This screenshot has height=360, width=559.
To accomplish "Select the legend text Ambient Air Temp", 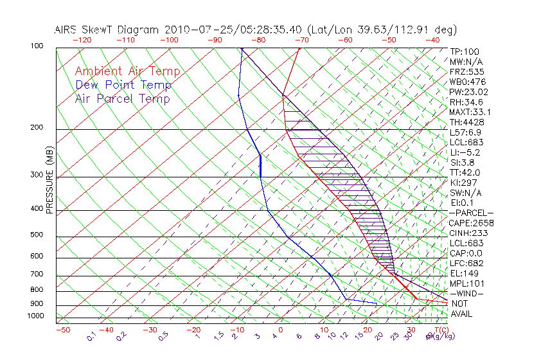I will tap(127, 71).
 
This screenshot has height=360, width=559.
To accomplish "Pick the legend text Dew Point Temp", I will tap(123, 85).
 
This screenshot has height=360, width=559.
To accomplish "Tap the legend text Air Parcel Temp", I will tap(122, 98).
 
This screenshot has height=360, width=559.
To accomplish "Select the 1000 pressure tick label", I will tap(36, 316).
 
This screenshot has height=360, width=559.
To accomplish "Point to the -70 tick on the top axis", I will tap(300, 40).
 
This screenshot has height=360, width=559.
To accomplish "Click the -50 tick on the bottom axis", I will tap(62, 330).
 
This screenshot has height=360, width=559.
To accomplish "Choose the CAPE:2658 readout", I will tap(471, 223).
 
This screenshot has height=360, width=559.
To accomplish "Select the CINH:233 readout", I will tap(468, 233).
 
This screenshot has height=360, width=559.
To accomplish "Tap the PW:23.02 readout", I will tap(468, 92).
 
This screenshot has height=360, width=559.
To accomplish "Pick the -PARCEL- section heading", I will tap(471, 213).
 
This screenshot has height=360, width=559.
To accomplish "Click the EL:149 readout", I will tap(464, 273).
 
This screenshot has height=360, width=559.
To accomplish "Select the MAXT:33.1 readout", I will tap(471, 112).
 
